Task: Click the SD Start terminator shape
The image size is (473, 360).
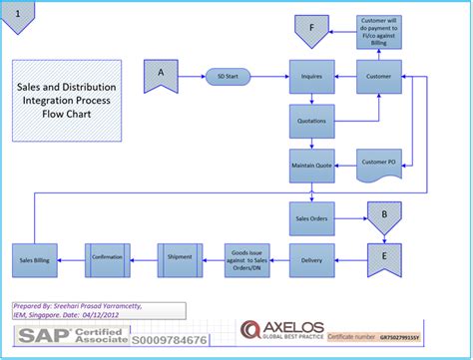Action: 228,76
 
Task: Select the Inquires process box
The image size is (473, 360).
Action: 311,76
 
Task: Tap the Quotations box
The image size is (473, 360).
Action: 311,121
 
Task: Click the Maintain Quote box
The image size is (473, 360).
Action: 311,165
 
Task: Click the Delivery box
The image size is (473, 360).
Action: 311,259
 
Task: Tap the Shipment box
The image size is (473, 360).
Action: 180,258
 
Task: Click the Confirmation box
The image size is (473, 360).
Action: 108,258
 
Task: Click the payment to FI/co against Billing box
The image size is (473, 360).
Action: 379,32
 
